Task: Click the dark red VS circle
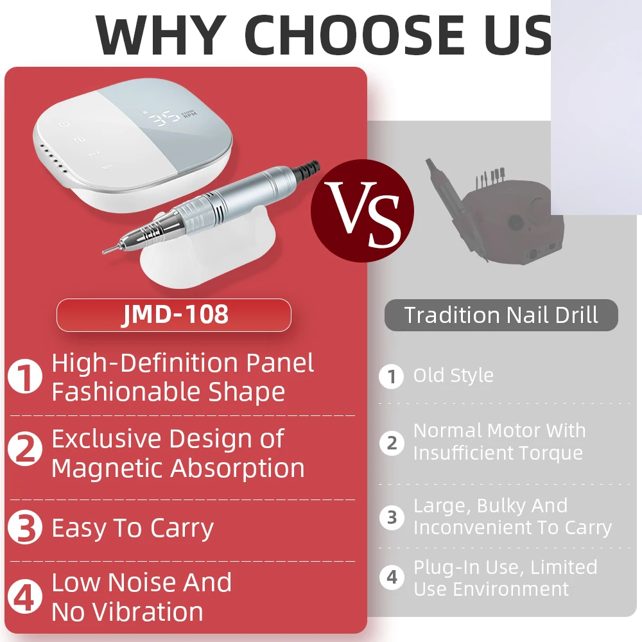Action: (x=362, y=211)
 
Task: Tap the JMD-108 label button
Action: (x=174, y=315)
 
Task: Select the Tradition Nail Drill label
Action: (x=501, y=315)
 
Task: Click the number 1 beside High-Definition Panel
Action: (x=25, y=377)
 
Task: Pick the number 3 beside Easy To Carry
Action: (x=25, y=528)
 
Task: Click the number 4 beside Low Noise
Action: (x=25, y=597)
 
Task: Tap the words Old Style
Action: (x=453, y=376)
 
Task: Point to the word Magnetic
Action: (x=113, y=468)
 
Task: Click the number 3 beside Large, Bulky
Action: (x=392, y=517)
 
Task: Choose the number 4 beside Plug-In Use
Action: (x=392, y=577)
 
